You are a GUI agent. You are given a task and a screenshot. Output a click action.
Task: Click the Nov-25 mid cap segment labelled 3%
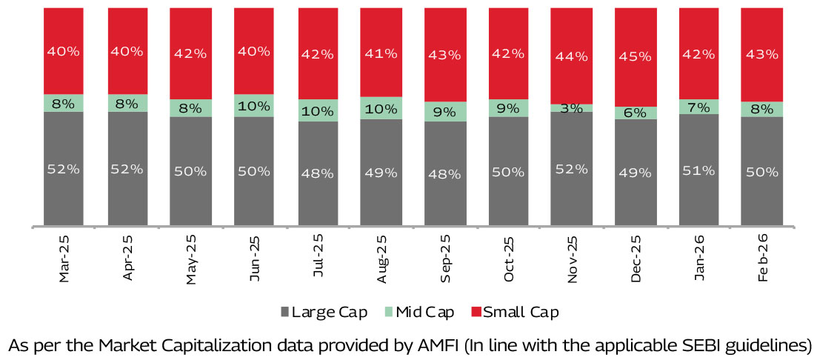pyautogui.click(x=571, y=108)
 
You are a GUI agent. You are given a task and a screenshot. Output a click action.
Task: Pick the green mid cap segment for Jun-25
pyautogui.click(x=254, y=105)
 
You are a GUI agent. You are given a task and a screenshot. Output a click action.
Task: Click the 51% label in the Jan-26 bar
pyautogui.click(x=698, y=170)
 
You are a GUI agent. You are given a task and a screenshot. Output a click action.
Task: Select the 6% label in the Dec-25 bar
pyautogui.click(x=636, y=113)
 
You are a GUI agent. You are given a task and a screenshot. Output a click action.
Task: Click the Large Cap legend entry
pyautogui.click(x=324, y=312)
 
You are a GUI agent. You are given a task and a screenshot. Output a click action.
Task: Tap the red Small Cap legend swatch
pyautogui.click(x=476, y=312)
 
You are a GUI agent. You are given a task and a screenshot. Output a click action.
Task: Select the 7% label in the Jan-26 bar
pyautogui.click(x=698, y=107)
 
